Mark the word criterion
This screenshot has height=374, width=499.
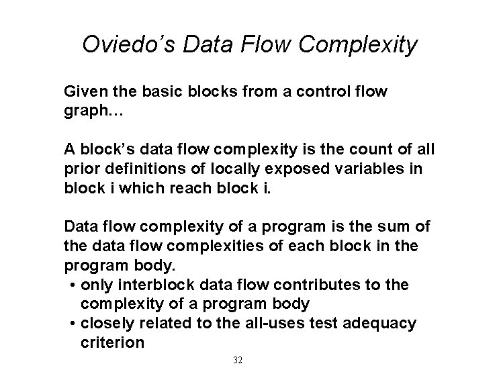[x=111, y=342]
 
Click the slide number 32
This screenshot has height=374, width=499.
[x=237, y=361]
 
